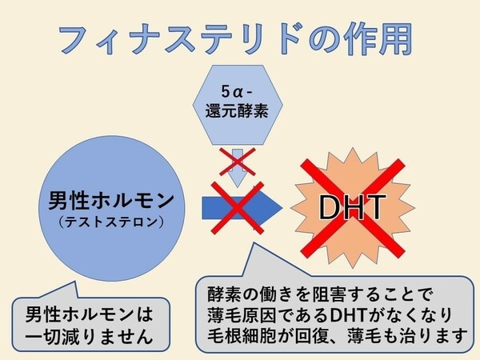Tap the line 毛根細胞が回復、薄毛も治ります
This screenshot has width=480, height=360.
coord(336,334)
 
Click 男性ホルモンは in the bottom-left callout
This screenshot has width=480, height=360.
coord(85,312)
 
